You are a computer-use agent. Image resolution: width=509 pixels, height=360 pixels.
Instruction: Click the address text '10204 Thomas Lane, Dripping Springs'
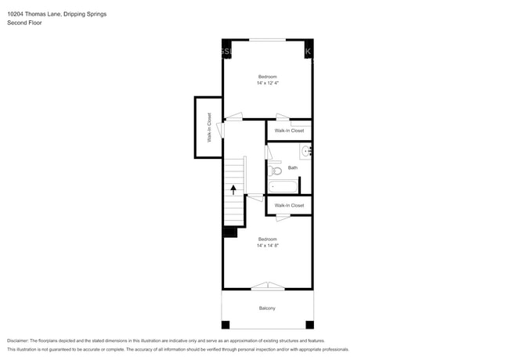[x=57, y=14]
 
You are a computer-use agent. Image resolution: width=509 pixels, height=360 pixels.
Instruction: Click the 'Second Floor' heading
[x=24, y=23]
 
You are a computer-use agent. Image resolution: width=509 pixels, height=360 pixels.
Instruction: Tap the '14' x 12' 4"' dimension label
[x=268, y=83]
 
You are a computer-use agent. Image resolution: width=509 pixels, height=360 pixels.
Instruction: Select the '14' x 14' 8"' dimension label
[x=268, y=246]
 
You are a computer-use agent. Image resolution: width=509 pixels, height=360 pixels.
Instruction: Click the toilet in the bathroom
[x=275, y=170]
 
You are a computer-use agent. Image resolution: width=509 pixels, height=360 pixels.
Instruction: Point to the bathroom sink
[x=306, y=151]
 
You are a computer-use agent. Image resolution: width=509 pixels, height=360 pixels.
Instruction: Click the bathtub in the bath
[x=283, y=187]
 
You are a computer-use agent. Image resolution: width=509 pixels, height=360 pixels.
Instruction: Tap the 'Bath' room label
[x=293, y=167]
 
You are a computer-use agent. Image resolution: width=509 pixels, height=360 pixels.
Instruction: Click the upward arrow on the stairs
[x=233, y=189]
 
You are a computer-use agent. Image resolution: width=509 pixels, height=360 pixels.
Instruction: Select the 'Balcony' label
[x=268, y=308]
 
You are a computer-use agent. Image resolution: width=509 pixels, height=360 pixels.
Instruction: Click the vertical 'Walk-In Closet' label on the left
[x=209, y=128]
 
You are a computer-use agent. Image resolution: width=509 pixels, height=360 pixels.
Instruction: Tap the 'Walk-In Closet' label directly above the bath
[x=289, y=131]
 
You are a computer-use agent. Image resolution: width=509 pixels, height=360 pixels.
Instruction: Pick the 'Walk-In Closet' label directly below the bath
[x=289, y=206]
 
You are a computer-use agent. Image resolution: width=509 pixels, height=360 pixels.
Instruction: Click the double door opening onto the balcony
[x=268, y=286]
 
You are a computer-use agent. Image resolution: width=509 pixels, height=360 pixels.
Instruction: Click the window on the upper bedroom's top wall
[x=267, y=39]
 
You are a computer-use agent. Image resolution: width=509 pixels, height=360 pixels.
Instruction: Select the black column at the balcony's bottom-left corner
[x=226, y=324]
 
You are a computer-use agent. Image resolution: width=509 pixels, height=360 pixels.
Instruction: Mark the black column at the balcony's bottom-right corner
[x=309, y=324]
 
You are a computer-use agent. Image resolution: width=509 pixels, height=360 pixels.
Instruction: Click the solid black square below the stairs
[x=230, y=232]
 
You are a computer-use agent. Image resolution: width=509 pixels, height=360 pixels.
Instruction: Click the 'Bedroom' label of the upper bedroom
[x=268, y=77]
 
